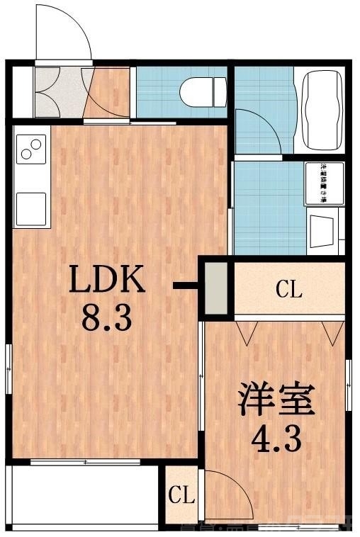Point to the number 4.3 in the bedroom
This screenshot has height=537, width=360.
pyautogui.click(x=276, y=439)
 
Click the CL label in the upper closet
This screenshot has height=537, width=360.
pyautogui.click(x=289, y=289)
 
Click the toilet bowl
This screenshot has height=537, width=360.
pyautogui.click(x=201, y=91)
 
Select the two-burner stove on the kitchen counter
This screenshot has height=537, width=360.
pyautogui.click(x=31, y=149)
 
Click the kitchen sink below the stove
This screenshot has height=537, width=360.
pyautogui.click(x=31, y=208)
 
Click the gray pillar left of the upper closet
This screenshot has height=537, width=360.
pyautogui.click(x=215, y=289)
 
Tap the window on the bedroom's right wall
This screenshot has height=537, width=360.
pyautogui.click(x=349, y=383)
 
